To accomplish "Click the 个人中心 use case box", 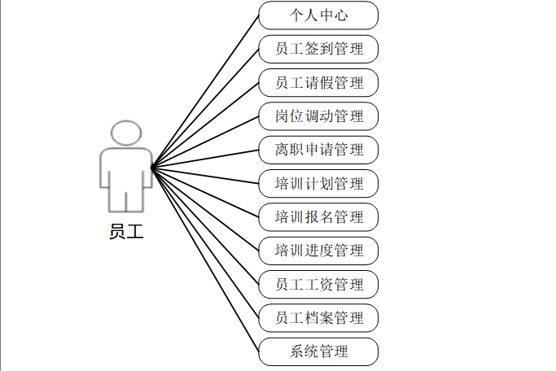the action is [318, 15].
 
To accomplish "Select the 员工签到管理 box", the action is [318, 49].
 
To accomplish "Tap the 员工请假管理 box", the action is [318, 82].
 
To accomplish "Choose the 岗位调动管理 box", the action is [318, 116].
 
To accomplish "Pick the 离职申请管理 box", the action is [318, 150].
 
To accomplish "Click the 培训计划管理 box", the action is [318, 183].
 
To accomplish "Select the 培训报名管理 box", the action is [318, 217].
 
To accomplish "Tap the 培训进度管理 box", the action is [318, 251].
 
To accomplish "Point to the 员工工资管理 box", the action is [318, 285].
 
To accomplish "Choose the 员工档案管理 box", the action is [318, 318].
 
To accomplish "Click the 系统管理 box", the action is [318, 352].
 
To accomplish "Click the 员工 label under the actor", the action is [125, 231].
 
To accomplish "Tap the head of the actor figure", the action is [125, 134].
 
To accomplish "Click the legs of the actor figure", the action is [125, 195].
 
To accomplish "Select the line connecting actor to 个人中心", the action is [205, 91].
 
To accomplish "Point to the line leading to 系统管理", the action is [205, 260].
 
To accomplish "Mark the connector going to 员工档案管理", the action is [205, 242].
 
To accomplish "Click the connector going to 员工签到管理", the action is [205, 108].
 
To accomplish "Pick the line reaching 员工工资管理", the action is [205, 226].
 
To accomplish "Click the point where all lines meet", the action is [152, 168].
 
